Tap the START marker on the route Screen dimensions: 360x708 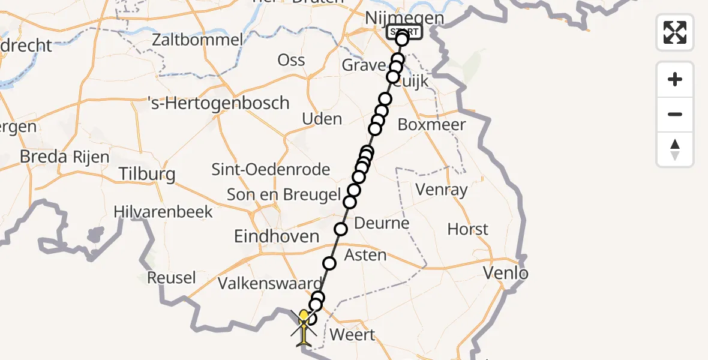pos(406,32)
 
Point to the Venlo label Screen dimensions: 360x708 pos(506,274)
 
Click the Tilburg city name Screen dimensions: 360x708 pos(146,174)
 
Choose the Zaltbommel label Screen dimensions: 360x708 pos(197,40)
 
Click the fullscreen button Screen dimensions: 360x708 pos(675,32)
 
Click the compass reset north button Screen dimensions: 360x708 pos(675,149)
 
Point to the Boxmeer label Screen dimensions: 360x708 pos(432,125)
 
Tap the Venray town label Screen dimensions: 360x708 pos(442,190)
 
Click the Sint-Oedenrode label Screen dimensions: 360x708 pos(271,169)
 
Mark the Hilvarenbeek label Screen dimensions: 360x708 pos(163,211)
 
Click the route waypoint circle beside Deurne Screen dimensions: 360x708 pos(341,229)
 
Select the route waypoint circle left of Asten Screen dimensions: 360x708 pos(329,263)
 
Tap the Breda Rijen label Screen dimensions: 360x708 pos(65,157)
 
